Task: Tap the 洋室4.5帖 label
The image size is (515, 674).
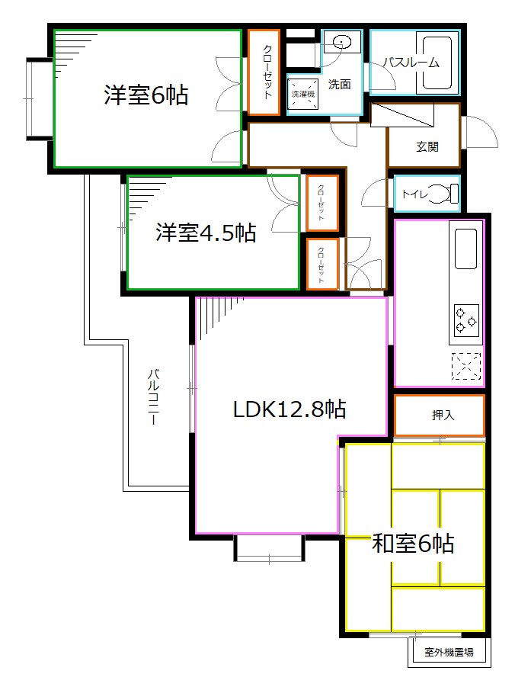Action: (x=206, y=233)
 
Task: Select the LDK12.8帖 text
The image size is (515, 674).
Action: (x=289, y=409)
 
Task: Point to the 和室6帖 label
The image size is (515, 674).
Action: (x=413, y=544)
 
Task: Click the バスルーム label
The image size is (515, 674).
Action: (x=411, y=63)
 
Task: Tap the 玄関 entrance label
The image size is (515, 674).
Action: (x=427, y=146)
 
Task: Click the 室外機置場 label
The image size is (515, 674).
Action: (x=449, y=652)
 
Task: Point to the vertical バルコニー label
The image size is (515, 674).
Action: (x=154, y=397)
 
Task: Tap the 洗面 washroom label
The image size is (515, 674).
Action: (x=339, y=84)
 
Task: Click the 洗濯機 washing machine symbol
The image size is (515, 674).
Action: (x=303, y=95)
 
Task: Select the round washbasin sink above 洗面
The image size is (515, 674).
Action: (x=341, y=42)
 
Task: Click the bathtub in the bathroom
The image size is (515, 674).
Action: (x=437, y=63)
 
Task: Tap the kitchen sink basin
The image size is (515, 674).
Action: (x=465, y=248)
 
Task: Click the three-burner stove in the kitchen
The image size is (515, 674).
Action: (x=465, y=319)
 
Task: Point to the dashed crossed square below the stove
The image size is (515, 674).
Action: (x=465, y=367)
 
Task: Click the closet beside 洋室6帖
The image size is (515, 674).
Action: (x=264, y=72)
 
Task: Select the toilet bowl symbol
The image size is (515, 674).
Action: (x=446, y=194)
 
